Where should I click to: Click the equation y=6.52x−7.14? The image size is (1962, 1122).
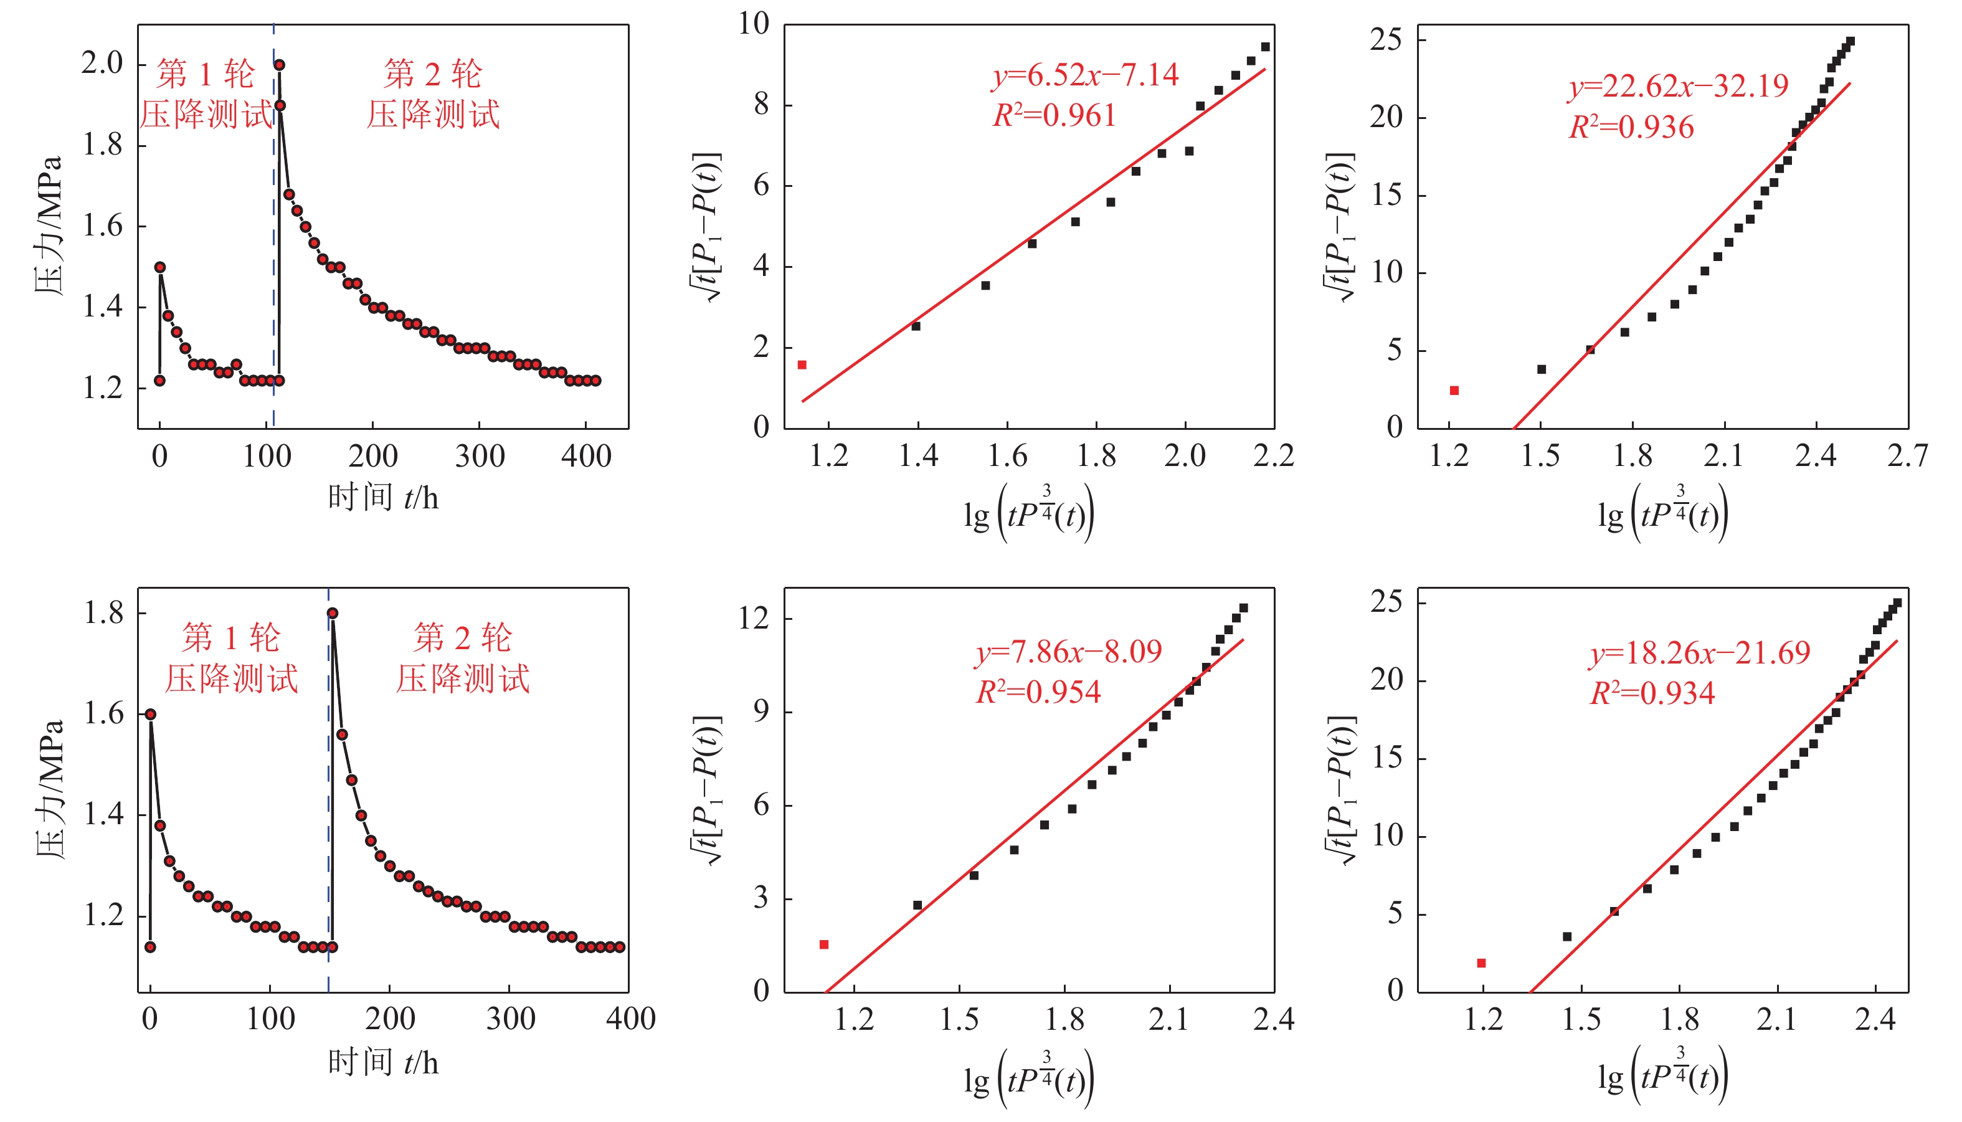tap(1084, 75)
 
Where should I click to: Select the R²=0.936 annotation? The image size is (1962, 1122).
tap(1631, 127)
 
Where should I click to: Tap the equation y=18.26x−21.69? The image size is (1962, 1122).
tap(1699, 654)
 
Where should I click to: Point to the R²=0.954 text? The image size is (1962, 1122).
tap(1038, 692)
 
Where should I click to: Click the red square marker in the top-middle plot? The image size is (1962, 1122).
tap(802, 365)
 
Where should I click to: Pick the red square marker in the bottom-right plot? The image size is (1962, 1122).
tap(1481, 963)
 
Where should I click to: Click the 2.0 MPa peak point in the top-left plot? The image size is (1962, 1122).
tap(280, 65)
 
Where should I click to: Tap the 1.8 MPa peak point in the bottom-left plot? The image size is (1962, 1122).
tap(332, 614)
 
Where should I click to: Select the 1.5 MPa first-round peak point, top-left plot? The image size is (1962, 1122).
tap(160, 267)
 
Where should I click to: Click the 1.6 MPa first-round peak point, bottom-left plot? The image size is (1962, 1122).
tap(151, 715)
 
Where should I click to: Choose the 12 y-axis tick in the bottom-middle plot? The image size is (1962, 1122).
tap(754, 619)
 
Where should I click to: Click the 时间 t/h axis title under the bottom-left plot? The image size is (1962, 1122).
tap(383, 1062)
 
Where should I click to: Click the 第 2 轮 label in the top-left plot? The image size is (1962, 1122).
tap(433, 75)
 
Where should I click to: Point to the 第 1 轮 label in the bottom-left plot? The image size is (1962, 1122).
tap(231, 638)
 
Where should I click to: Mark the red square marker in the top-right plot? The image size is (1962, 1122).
tap(1454, 391)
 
